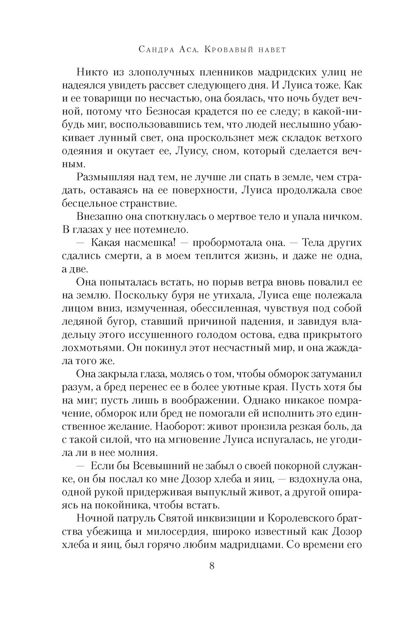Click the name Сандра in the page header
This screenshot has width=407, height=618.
152,50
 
